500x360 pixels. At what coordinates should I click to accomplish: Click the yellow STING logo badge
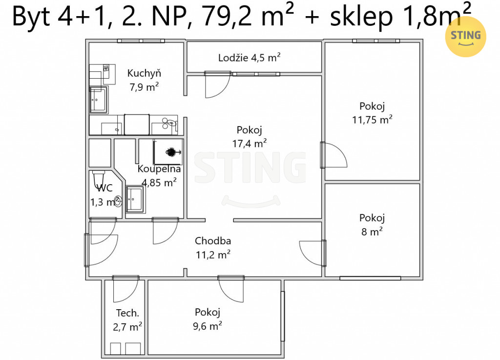pos(465,37)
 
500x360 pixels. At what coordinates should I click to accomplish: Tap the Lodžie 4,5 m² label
pos(250,58)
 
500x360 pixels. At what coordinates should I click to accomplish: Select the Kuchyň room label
pos(144,73)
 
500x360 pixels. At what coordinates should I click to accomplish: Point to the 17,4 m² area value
pos(250,143)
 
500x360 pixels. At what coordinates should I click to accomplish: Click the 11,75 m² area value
pos(372,119)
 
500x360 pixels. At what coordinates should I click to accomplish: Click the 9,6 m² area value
pos(207,326)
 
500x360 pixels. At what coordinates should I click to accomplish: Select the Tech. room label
pos(127,313)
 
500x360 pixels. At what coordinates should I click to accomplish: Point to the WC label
pos(104,188)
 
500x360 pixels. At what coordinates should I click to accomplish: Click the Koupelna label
pos(159,169)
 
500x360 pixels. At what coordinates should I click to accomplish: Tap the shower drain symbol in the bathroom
pos(171,152)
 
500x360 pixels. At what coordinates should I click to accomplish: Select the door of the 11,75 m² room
pos(333,155)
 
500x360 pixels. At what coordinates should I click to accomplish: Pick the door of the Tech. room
pos(126,289)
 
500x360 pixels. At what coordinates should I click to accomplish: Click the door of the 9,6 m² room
pos(231,289)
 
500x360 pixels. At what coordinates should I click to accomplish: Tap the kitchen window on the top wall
pos(141,41)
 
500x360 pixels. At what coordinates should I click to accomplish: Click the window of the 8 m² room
pos(370,278)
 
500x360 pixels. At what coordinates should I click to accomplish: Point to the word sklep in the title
pos(361,16)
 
